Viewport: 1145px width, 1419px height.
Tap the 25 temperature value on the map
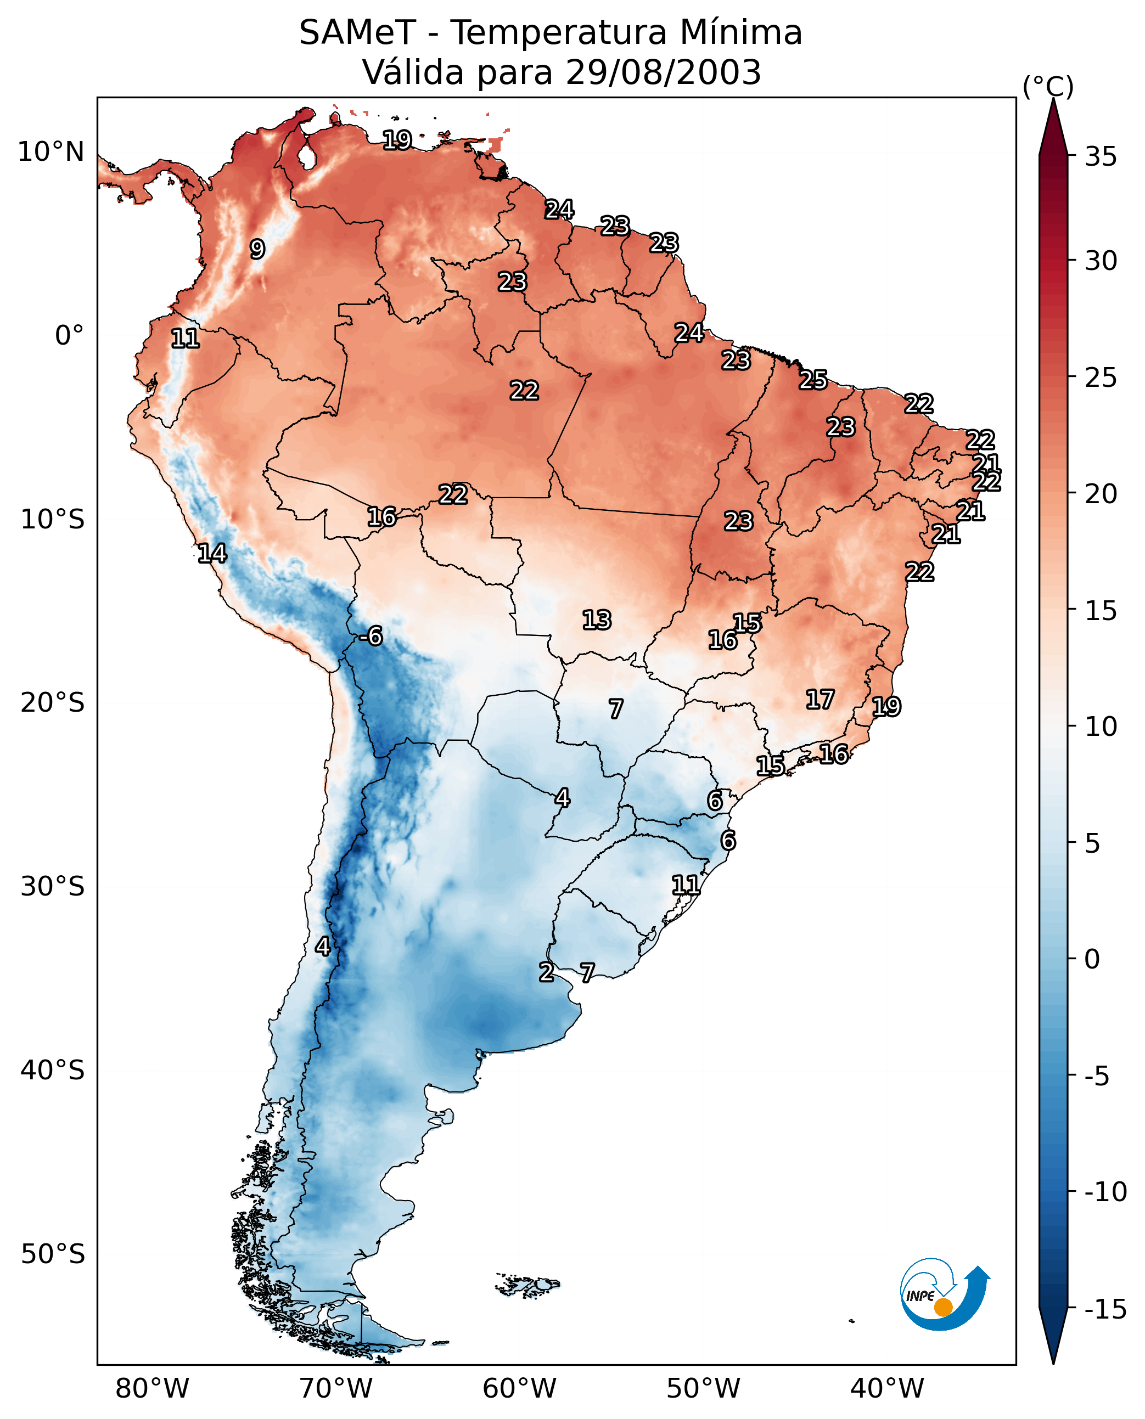tap(813, 380)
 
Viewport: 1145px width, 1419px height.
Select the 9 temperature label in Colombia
tap(257, 249)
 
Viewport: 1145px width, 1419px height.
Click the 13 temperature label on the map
tap(597, 620)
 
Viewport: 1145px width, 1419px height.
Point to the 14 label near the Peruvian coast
tap(212, 553)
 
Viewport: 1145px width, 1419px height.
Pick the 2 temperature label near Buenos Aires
tap(546, 972)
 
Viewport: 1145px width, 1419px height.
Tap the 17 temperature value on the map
tap(820, 700)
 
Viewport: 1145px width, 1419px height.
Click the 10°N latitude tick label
tap(51, 153)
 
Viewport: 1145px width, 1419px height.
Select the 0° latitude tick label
tap(69, 336)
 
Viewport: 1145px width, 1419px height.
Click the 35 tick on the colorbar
tap(1101, 157)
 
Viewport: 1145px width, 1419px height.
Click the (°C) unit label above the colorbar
tap(1048, 86)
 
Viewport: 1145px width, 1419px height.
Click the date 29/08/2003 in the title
tap(664, 72)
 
